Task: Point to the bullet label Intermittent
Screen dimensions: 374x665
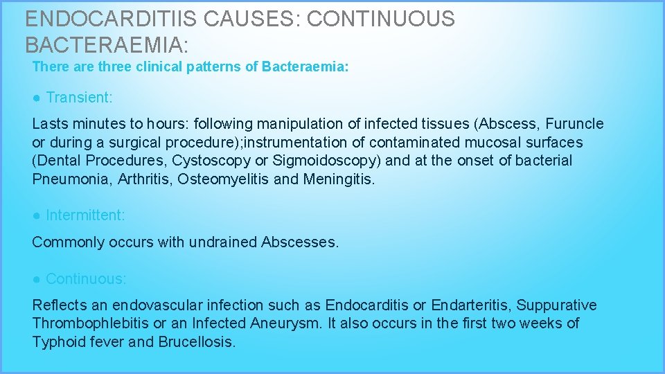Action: [85, 215]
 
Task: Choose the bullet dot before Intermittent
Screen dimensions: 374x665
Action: [36, 215]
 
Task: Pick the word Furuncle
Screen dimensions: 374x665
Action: [574, 124]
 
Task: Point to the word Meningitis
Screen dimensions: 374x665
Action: [339, 179]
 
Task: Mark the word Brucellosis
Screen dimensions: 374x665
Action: [197, 341]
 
